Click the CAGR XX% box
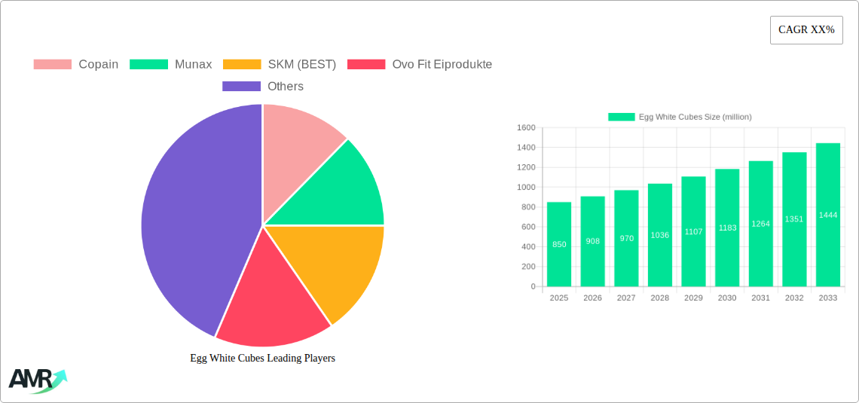coord(806,30)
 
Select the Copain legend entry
coord(76,64)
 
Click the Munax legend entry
coord(171,64)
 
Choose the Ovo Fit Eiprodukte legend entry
coord(420,64)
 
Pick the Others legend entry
coord(263,86)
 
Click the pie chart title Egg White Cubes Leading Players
coord(262,358)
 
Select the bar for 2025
coord(559,244)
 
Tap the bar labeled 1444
coord(828,215)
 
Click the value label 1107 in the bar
coord(693,231)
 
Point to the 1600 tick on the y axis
coord(526,127)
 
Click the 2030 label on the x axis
coord(727,298)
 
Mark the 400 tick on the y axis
coord(528,246)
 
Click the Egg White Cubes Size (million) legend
coord(680,117)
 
